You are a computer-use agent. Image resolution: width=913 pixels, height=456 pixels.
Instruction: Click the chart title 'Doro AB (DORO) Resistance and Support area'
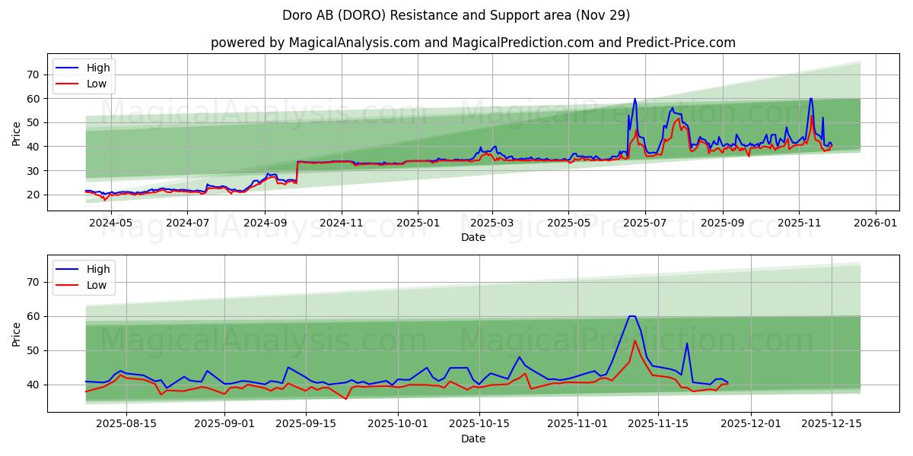(x=456, y=15)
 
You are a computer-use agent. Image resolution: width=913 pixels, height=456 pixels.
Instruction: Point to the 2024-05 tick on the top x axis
(x=112, y=223)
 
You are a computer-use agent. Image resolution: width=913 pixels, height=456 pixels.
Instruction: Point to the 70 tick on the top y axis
(x=32, y=74)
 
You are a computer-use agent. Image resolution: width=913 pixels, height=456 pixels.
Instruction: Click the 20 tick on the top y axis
(x=32, y=195)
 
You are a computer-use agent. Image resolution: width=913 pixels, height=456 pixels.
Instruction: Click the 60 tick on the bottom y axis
(x=32, y=316)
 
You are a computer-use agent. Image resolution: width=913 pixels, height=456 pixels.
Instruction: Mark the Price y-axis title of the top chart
(x=17, y=134)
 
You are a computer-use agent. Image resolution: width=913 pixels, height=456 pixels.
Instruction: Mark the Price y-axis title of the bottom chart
(x=17, y=334)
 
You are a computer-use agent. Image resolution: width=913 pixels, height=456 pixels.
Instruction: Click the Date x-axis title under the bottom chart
(x=472, y=439)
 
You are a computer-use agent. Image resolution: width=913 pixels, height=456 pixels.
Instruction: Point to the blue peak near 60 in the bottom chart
(x=631, y=316)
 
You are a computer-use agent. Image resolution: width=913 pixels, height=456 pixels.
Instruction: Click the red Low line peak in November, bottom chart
(x=635, y=340)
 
